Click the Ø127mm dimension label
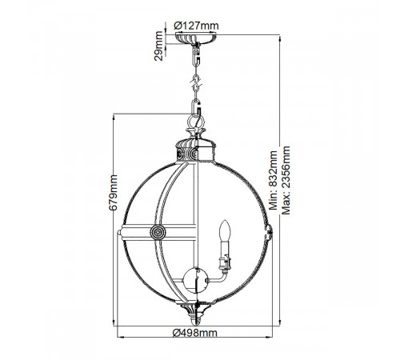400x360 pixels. click(196, 26)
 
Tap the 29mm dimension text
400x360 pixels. click(158, 46)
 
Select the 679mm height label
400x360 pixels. click(113, 193)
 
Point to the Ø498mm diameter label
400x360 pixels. click(195, 333)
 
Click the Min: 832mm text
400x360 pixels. click(273, 180)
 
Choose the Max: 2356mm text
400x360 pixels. click(286, 180)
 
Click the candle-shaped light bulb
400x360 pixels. click(225, 230)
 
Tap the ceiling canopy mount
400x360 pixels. click(196, 37)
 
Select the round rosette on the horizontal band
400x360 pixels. click(158, 232)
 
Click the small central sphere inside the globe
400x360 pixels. click(196, 281)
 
